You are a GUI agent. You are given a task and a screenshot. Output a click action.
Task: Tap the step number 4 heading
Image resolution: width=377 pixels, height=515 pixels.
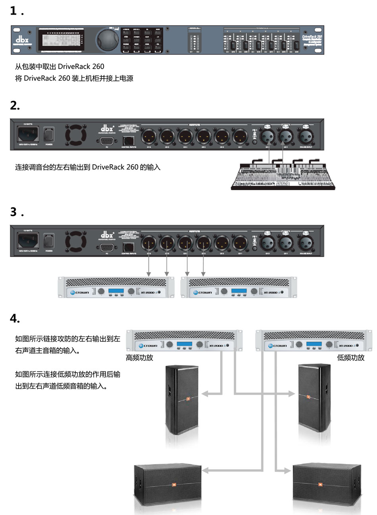point(15,318)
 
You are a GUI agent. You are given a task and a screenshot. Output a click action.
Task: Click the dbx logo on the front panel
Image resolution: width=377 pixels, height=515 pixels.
point(22,40)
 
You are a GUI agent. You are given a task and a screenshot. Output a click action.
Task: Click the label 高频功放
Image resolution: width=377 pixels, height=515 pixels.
point(139,357)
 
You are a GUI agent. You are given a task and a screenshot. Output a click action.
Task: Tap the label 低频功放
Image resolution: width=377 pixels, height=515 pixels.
point(350,357)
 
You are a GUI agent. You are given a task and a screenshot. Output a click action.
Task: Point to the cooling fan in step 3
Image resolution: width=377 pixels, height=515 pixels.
point(76,240)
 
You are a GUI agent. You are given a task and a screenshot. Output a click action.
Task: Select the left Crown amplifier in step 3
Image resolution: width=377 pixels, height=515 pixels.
point(116,287)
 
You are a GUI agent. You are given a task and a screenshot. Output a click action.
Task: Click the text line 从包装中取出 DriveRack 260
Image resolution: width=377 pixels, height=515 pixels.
point(60,66)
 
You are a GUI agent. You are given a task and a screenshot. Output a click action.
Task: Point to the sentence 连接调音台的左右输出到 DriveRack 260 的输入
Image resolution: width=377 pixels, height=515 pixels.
point(88,167)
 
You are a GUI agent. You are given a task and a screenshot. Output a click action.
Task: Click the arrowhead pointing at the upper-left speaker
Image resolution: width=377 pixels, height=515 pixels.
point(205,394)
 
